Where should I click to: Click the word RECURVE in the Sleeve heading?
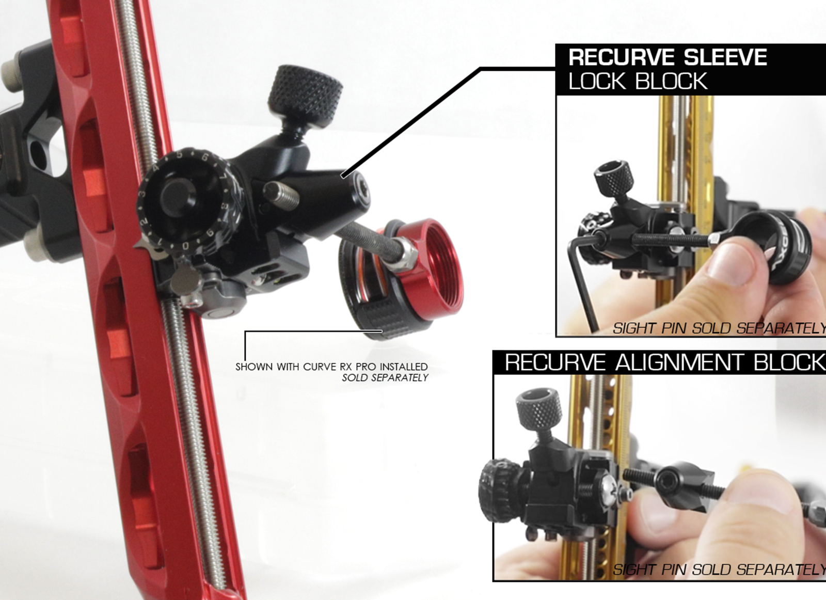point(623,57)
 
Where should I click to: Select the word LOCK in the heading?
point(597,81)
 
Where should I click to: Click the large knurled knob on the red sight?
point(305,96)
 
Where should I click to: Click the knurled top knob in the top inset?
point(613,178)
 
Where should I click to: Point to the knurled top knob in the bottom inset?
point(539,408)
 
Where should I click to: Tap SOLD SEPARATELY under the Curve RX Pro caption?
point(385,378)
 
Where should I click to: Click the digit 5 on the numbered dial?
point(180,155)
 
